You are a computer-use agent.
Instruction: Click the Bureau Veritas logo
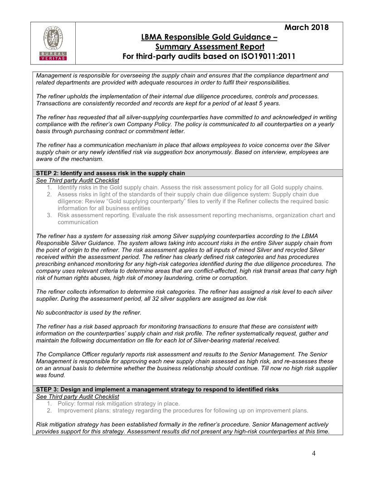pyautogui.click(x=54, y=44)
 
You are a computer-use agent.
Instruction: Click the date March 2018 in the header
pyautogui.click(x=307, y=27)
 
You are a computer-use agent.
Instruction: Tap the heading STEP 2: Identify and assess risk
pyautogui.click(x=110, y=173)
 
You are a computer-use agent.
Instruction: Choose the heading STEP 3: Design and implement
pyautogui.click(x=157, y=389)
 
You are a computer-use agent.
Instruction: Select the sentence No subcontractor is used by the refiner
pyautogui.click(x=88, y=313)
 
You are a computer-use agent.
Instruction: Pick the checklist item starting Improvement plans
pyautogui.click(x=183, y=411)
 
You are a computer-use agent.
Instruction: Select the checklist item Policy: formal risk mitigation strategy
pyautogui.click(x=119, y=403)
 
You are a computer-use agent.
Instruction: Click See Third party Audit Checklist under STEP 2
pyautogui.click(x=78, y=180)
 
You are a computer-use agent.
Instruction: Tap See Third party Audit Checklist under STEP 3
pyautogui.click(x=78, y=396)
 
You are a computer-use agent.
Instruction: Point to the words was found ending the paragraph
pyautogui.click(x=50, y=375)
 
